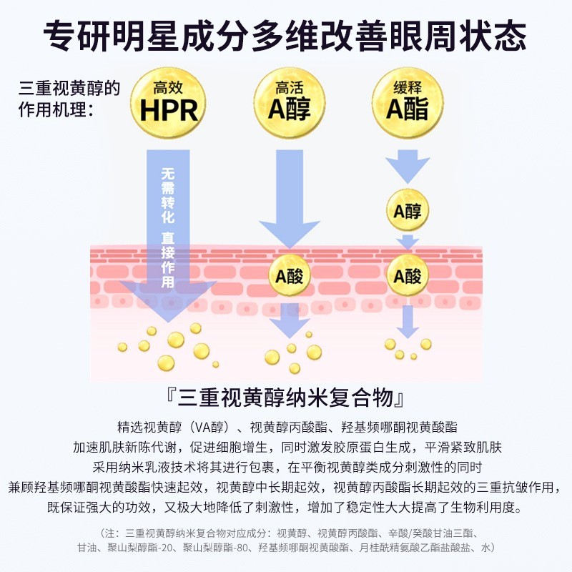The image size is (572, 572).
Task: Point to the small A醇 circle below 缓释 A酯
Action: (408, 211)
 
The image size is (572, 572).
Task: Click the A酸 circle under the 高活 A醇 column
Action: (290, 275)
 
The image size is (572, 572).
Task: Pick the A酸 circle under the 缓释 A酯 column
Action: (408, 275)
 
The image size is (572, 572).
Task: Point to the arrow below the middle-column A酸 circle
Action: (290, 318)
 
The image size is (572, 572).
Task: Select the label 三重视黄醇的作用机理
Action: (69, 100)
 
